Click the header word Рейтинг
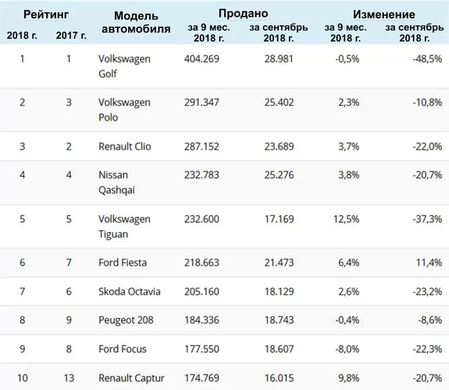[x=46, y=15]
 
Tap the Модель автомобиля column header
[x=136, y=22]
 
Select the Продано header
[x=243, y=14]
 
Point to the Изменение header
[x=384, y=14]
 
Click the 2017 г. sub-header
[x=71, y=35]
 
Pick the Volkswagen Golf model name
[x=124, y=66]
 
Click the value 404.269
[x=201, y=59]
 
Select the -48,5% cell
[x=427, y=59]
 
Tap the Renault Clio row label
[x=125, y=147]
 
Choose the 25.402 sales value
[x=279, y=102]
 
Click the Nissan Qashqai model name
[x=116, y=183]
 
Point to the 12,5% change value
[x=346, y=219]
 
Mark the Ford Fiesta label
[x=122, y=262]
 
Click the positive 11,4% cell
[x=429, y=262]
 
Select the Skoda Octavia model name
[x=129, y=292]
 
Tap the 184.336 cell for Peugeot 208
[x=201, y=320]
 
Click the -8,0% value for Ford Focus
[x=347, y=349]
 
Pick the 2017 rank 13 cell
[x=69, y=378]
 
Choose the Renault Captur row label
[x=131, y=378]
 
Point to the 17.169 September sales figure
[x=279, y=219]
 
